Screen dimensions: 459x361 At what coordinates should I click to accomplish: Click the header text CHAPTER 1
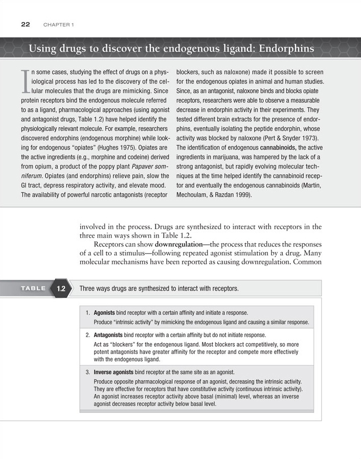point(59,25)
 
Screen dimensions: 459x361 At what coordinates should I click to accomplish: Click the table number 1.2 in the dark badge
point(61,289)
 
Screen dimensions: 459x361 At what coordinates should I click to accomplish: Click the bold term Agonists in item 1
point(108,312)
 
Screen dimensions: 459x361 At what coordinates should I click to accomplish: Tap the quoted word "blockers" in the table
point(119,345)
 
